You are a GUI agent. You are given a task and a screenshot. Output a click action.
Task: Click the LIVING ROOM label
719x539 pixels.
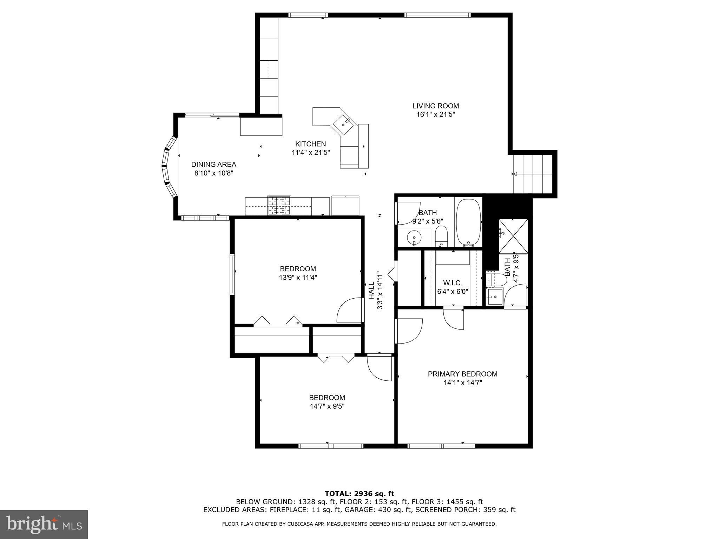point(435,106)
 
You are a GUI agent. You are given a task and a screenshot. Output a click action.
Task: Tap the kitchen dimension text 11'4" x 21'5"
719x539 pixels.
point(311,153)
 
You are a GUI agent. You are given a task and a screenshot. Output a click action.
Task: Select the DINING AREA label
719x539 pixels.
point(213,164)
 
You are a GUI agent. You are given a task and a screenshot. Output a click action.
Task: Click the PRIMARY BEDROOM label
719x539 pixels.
point(462,374)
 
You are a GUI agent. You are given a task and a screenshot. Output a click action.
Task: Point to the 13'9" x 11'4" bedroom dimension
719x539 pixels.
point(298,278)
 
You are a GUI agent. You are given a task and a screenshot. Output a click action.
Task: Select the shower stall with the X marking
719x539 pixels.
point(513,236)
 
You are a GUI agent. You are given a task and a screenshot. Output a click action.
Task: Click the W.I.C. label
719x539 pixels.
point(453,283)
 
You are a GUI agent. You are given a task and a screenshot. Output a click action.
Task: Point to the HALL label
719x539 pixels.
point(371,291)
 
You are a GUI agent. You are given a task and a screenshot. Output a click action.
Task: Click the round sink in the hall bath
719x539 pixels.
point(414,238)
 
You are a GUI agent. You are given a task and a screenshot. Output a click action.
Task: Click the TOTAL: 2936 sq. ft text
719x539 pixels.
point(359,494)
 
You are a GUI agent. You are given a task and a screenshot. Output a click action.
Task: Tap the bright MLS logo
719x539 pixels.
point(44,524)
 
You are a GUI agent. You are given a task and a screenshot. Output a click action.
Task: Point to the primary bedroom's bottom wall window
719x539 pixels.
point(441,446)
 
